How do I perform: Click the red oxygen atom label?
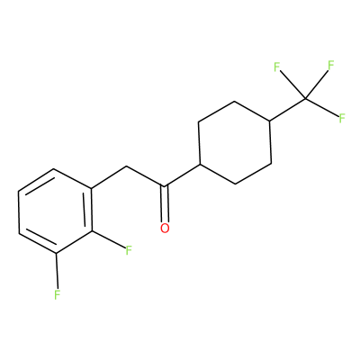165,229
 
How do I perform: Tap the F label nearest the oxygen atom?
129,250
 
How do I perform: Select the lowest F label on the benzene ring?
58,295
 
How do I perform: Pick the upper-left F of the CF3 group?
276,67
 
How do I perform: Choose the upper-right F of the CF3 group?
331,66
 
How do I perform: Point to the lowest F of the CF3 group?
342,119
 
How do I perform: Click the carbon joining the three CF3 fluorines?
306,98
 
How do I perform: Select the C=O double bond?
165,204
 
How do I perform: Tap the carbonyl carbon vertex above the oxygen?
164,186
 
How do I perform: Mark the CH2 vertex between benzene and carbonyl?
127,166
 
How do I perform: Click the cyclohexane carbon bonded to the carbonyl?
200,164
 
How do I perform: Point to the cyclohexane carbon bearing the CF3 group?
269,121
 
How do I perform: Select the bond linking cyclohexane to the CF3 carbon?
288,110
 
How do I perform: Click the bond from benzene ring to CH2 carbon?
109,177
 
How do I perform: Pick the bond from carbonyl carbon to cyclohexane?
182,175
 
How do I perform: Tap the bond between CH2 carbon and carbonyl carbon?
145,176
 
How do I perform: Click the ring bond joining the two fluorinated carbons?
74,243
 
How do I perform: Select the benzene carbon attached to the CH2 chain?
91,189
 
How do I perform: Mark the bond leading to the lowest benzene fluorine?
57,272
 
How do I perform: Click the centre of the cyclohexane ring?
235,142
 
